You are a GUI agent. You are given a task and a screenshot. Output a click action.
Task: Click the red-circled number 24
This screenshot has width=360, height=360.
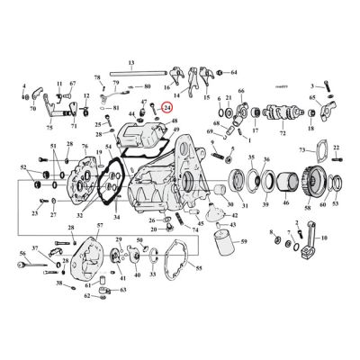[x=166, y=106]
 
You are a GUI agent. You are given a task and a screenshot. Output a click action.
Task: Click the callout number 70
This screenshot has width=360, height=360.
[x=32, y=109]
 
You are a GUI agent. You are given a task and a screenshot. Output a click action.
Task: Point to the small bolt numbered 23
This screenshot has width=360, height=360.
[x=35, y=202]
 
